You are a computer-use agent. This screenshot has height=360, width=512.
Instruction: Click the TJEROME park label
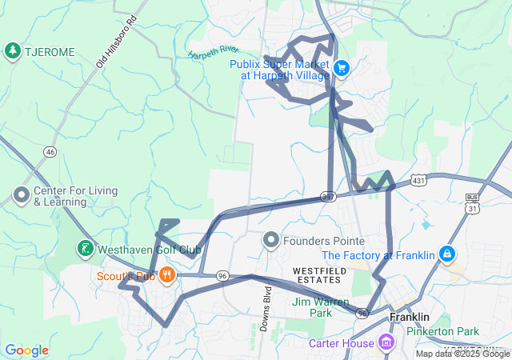point(50,52)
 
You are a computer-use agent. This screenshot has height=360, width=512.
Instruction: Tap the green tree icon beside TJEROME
point(13,52)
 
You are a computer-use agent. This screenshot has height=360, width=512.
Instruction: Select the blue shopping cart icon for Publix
point(342,68)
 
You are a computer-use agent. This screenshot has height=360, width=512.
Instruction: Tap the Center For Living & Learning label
point(75,197)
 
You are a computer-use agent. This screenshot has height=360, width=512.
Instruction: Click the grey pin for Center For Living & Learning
point(21,194)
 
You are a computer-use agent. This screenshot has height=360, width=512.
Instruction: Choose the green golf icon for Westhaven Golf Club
point(85,250)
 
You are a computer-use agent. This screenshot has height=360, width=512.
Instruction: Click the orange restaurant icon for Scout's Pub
point(166,276)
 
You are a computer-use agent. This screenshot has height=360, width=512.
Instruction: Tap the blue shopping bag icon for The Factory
point(446,255)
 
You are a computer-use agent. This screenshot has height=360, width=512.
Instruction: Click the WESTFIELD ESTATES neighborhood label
point(320,276)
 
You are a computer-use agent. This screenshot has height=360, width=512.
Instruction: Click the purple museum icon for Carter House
point(388,343)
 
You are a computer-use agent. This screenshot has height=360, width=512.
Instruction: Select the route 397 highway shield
point(328,195)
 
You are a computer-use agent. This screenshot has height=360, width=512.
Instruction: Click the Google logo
point(26,350)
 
